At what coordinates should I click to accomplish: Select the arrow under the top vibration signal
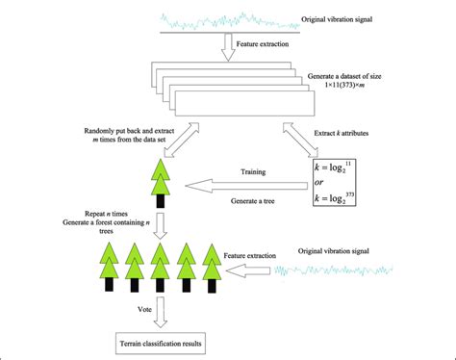[228, 46]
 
